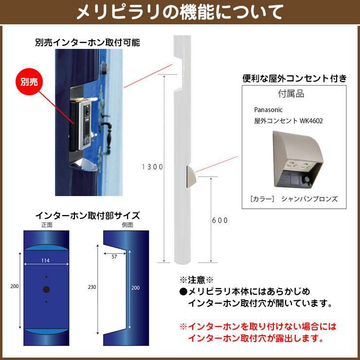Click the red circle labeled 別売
29,82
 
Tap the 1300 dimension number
152,167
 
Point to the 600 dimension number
220,220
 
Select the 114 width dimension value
45,260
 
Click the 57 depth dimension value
114,257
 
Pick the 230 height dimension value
92,287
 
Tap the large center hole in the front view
46,289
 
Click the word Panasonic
268,110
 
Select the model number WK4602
311,121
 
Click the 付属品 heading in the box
291,94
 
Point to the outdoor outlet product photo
298,160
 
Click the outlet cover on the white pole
192,177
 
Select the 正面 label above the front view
47,225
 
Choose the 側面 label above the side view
127,225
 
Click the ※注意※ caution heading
197,280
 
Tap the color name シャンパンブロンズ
309,199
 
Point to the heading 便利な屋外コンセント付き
294,78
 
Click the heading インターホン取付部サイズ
88,216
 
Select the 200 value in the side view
135,288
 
